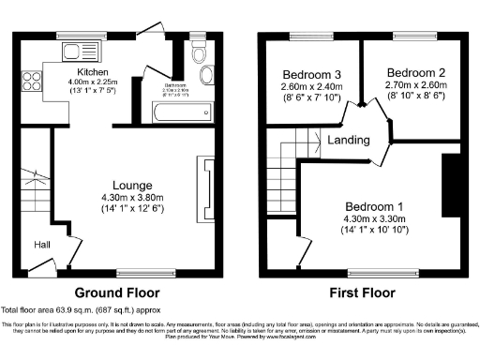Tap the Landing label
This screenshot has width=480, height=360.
[x=348, y=141]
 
